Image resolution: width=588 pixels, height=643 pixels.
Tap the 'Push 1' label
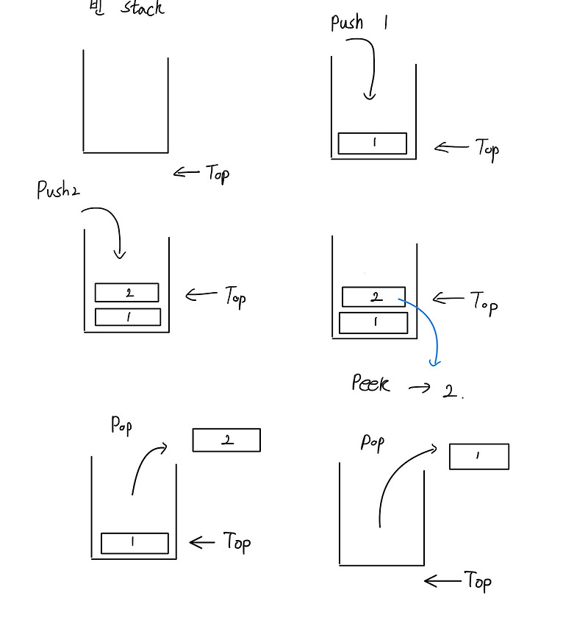click(x=359, y=22)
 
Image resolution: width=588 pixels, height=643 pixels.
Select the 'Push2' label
click(x=58, y=191)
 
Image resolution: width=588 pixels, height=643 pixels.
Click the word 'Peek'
click(x=370, y=383)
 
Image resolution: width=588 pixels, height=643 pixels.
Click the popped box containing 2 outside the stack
click(x=226, y=440)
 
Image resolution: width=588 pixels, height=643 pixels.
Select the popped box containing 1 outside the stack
click(x=478, y=456)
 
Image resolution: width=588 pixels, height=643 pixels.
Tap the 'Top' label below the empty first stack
click(x=218, y=174)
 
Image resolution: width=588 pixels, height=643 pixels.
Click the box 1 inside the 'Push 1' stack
click(x=372, y=143)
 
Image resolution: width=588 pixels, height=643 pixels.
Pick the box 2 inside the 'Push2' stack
click(x=126, y=293)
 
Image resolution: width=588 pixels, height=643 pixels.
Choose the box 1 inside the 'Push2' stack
click(x=128, y=317)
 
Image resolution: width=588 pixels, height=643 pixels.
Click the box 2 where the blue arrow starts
click(x=373, y=297)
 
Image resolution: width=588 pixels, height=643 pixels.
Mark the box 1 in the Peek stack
click(x=373, y=323)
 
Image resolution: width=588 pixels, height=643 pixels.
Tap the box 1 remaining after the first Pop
click(x=135, y=543)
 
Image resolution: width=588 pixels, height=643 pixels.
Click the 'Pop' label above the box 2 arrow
click(x=121, y=424)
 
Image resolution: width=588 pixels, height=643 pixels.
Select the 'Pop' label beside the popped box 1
click(x=372, y=442)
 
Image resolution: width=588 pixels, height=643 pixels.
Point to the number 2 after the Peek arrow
click(x=451, y=391)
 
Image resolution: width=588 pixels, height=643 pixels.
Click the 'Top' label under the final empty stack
click(x=478, y=581)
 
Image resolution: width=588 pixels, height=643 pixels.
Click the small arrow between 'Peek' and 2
click(x=419, y=388)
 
